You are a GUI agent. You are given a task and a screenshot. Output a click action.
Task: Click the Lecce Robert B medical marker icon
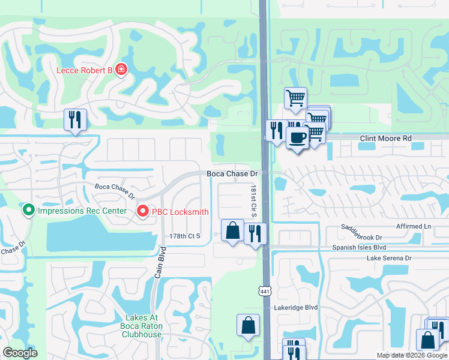[x=121, y=70]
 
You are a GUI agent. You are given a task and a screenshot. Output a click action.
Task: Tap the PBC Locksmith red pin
[x=142, y=211]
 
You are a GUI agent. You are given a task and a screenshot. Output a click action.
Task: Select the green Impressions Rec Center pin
[x=28, y=211]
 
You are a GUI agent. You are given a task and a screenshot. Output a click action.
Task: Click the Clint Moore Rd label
[x=385, y=138]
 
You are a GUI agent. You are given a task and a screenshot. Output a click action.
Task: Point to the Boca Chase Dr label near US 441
[x=232, y=173]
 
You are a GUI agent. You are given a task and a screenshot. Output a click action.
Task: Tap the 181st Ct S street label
[x=254, y=201]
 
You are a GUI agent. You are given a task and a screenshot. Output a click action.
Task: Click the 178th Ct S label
[x=185, y=236]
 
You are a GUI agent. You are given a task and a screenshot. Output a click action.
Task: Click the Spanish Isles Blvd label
[x=359, y=247]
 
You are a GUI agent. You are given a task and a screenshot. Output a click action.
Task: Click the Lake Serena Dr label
[x=390, y=258]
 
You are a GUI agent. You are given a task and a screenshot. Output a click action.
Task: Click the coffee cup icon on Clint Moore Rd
[x=297, y=137]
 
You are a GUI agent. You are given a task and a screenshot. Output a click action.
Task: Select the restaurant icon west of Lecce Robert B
[x=75, y=119]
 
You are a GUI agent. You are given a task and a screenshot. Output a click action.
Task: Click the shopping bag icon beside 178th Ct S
[x=232, y=230]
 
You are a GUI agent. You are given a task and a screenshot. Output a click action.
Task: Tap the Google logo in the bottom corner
[x=20, y=353]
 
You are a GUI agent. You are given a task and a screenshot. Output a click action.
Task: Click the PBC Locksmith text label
[x=180, y=211]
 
